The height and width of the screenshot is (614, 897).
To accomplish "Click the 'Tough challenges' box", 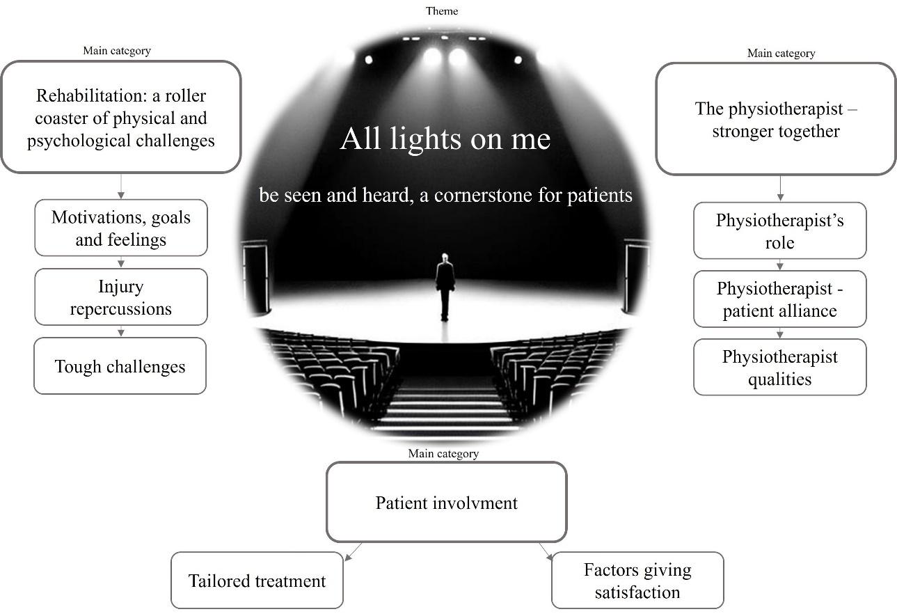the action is click(x=120, y=366).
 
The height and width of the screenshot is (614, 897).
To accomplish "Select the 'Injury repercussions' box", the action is click(x=120, y=297).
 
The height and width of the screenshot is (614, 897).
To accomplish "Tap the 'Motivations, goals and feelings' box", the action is click(x=120, y=228).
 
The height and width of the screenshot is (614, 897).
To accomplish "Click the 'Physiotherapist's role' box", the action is click(x=779, y=231).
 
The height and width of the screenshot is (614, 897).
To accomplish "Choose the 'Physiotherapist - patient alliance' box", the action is click(x=779, y=299).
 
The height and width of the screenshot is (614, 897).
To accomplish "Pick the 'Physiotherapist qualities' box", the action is click(x=779, y=368).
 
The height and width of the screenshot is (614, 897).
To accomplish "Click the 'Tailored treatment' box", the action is click(x=257, y=581).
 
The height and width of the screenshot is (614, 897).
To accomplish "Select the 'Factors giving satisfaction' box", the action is click(x=637, y=581).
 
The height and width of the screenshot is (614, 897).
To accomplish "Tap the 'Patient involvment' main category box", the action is click(x=446, y=503).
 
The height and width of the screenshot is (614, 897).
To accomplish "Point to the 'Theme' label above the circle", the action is click(x=442, y=10).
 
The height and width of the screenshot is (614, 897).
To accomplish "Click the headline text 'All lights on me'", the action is click(x=445, y=139).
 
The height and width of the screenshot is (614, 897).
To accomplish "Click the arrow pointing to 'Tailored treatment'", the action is click(x=353, y=551).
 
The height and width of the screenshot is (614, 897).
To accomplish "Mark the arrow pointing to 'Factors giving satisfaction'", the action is click(x=546, y=551).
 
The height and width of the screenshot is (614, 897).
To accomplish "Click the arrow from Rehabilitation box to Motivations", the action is click(x=121, y=187).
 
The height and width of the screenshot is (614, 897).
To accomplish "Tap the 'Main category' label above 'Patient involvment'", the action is click(x=443, y=453).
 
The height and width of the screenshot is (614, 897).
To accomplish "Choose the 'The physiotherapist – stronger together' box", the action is click(x=775, y=119).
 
